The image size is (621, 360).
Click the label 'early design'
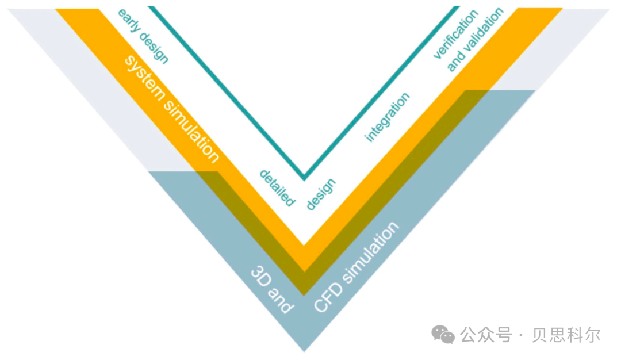(143, 36)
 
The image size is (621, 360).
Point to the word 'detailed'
(277, 187)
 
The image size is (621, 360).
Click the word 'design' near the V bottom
(320, 194)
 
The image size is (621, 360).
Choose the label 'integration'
(388, 117)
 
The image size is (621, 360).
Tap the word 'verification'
(455, 34)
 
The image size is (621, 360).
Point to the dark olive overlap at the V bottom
(304, 284)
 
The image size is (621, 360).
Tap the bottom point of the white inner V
(304, 244)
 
